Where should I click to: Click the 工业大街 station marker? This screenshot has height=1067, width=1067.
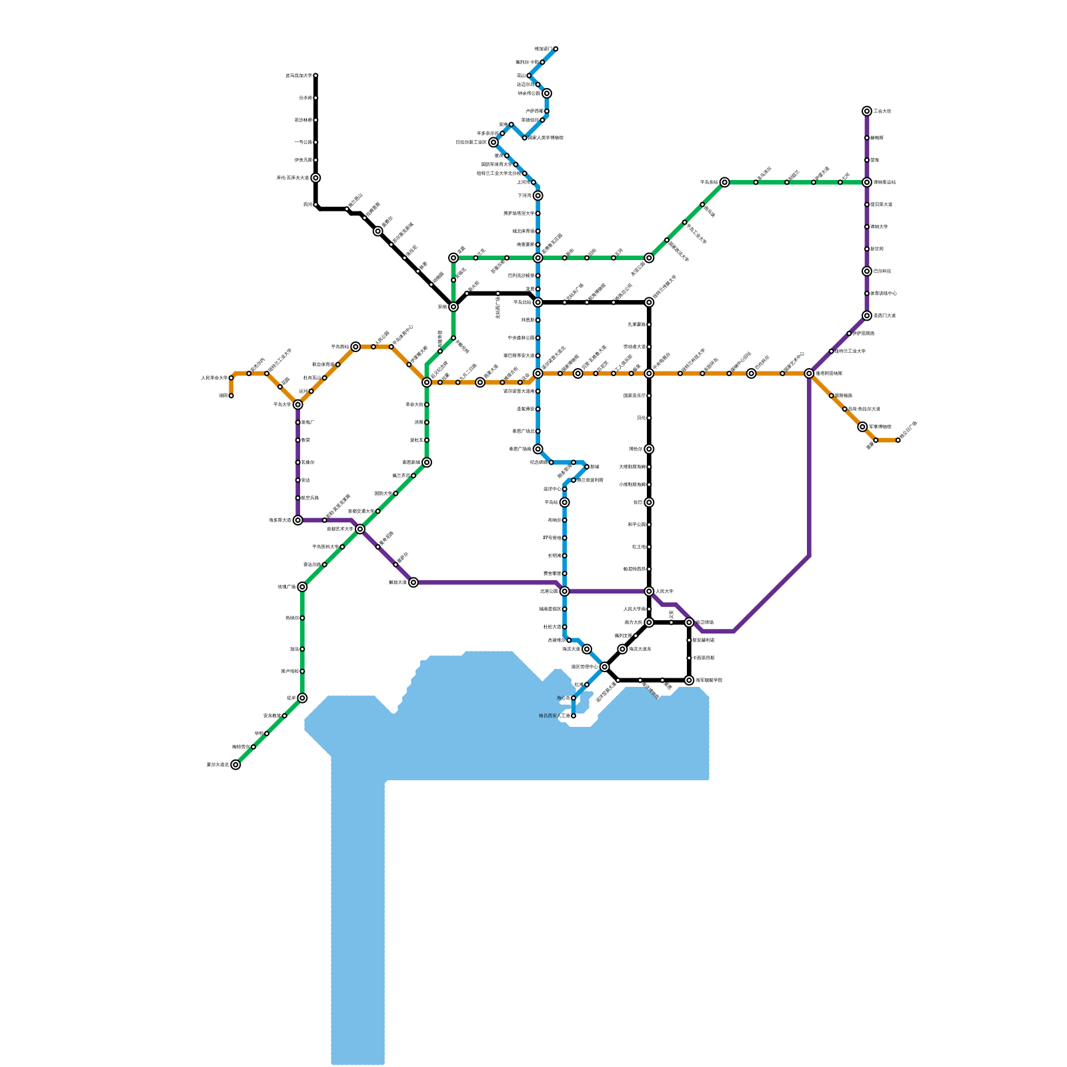pos(866,111)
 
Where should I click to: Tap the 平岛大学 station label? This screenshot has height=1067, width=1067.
pos(282,405)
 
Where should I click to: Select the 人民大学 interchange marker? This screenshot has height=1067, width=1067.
pos(649,592)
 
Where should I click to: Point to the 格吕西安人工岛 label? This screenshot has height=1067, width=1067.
pos(554,716)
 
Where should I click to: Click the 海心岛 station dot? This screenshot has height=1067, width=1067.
pos(574,698)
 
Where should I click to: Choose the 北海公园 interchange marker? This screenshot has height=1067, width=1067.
pos(565,592)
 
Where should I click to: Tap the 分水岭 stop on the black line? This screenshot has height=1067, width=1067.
pos(315,98)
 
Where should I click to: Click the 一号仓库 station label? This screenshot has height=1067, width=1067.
pos(303,142)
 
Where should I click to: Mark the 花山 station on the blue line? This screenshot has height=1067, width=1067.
pos(529,76)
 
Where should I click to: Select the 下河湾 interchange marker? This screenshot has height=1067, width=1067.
pos(538,195)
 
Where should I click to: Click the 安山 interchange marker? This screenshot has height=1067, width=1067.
pos(453,307)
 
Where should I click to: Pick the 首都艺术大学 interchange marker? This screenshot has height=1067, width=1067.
pos(360,529)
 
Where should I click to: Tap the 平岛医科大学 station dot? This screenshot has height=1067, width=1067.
pos(342,547)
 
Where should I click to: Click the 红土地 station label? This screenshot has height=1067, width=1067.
pos(638,547)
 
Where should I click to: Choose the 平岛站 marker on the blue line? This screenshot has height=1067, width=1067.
pos(565,502)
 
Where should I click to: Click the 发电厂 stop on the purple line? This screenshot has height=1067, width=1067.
pos(298,422)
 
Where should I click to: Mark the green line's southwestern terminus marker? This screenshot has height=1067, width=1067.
pos(235,765)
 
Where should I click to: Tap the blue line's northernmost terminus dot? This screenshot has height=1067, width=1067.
pos(556,49)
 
